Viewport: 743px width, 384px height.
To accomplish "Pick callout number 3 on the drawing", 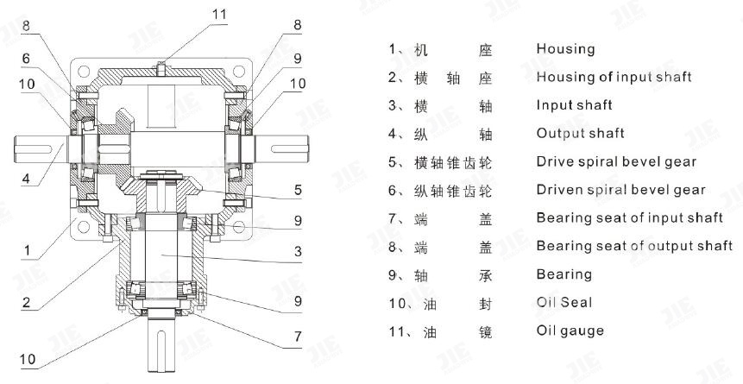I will tap(297, 252).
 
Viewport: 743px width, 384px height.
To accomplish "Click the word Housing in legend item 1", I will tap(565, 49).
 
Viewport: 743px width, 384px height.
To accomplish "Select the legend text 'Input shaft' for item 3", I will tap(574, 105).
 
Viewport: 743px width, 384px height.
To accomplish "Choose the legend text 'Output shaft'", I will tap(580, 134).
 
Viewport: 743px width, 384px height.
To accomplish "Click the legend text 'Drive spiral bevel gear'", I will tap(616, 161).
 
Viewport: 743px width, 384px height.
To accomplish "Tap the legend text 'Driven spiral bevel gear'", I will tap(620, 190).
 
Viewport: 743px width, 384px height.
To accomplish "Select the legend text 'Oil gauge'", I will tap(570, 330).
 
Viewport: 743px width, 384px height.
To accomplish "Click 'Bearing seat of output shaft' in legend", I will tap(634, 246).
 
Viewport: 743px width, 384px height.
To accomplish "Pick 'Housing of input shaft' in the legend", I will tap(614, 78).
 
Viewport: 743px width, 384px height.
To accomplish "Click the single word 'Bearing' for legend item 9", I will tap(564, 274).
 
